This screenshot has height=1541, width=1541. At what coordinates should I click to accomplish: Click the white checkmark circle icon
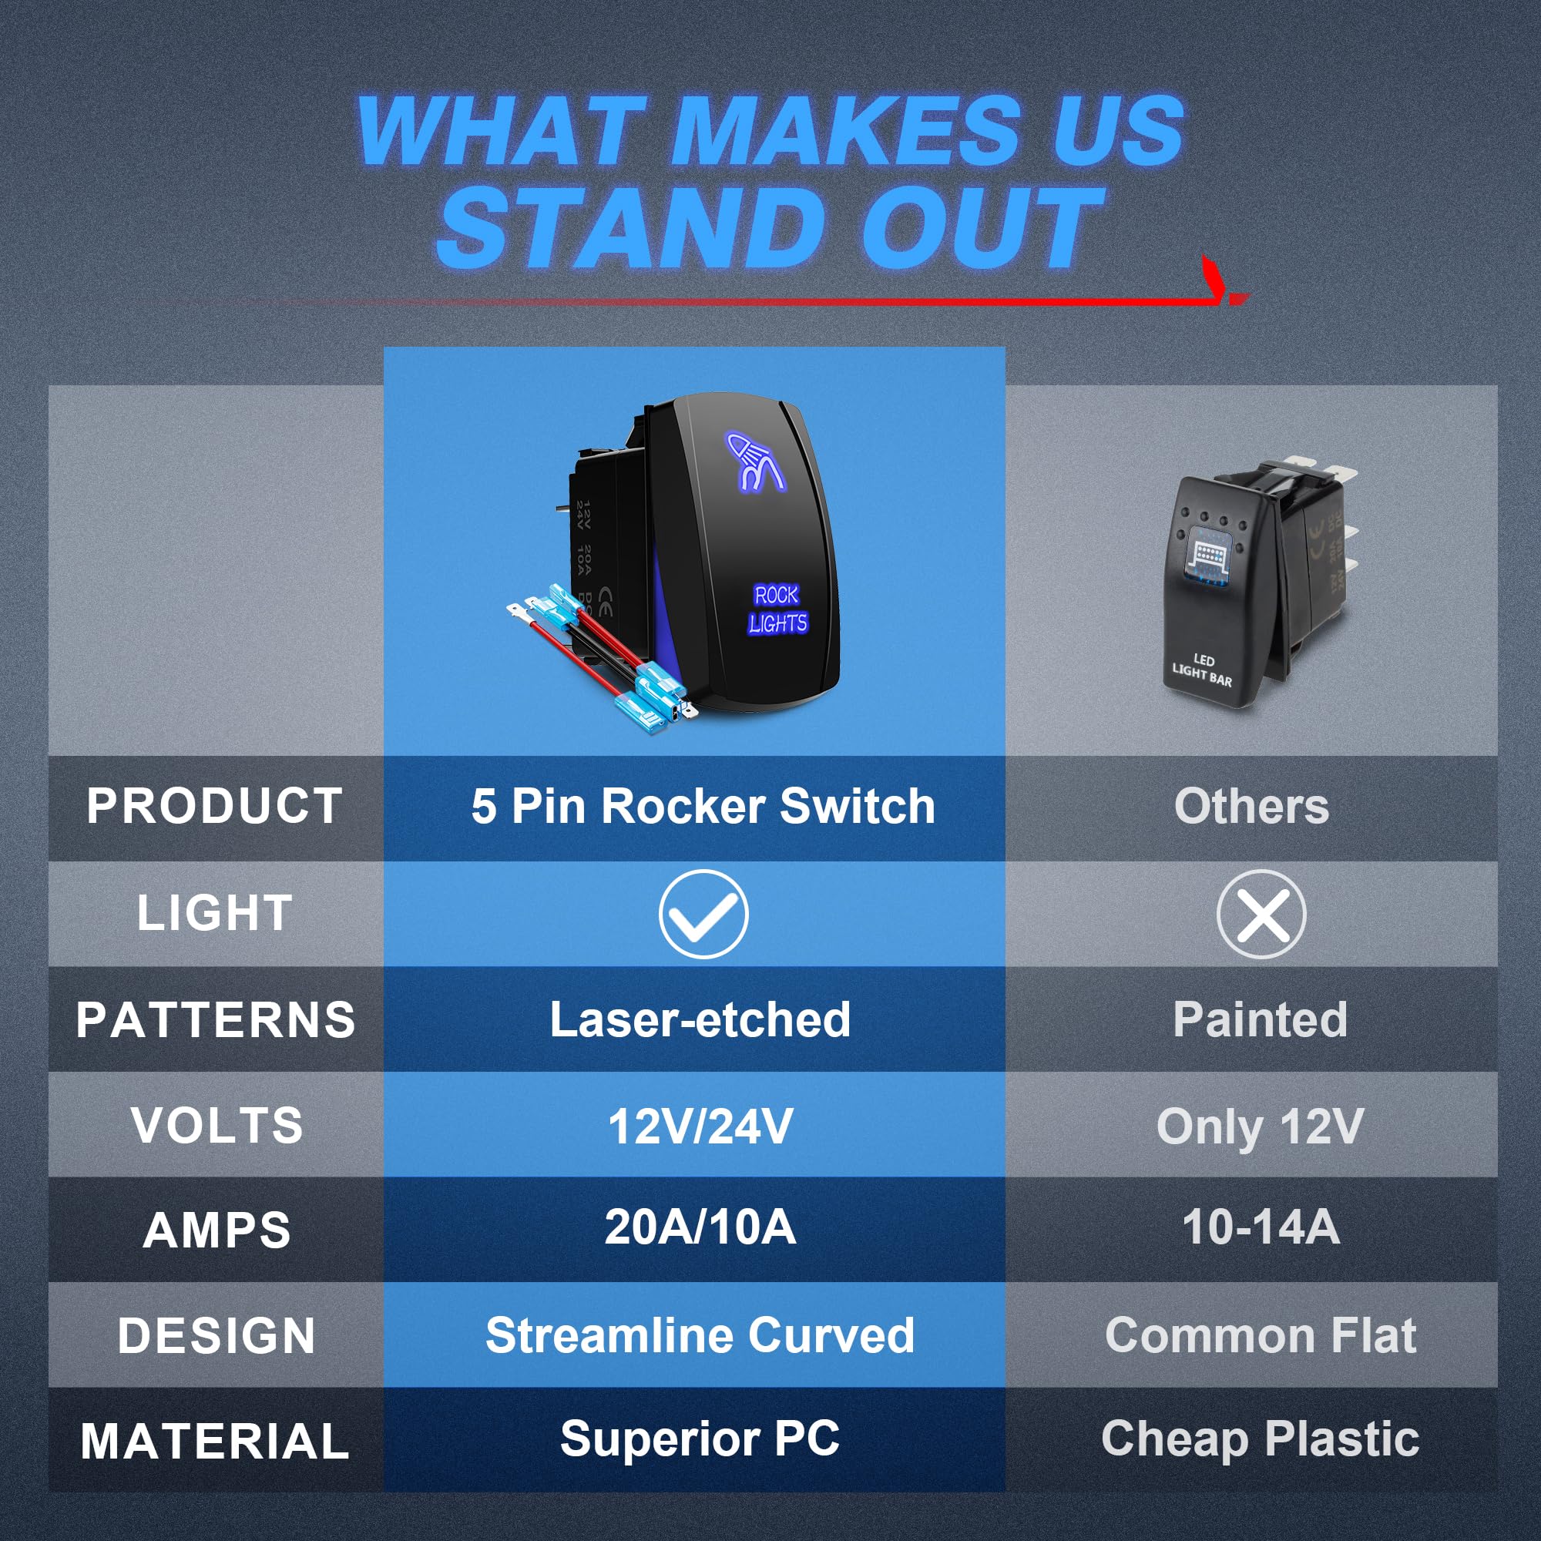(x=703, y=914)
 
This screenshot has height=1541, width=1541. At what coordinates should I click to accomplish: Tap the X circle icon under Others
(x=1261, y=914)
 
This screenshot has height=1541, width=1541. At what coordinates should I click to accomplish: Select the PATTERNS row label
(x=216, y=1019)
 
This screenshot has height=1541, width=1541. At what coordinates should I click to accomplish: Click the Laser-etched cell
(x=700, y=1019)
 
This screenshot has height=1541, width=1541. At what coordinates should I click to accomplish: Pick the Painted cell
(x=1261, y=1019)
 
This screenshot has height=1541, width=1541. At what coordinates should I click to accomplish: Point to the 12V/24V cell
(x=700, y=1126)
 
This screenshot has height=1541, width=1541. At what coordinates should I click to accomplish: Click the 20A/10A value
(x=700, y=1227)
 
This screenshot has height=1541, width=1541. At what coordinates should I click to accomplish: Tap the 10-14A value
(x=1261, y=1227)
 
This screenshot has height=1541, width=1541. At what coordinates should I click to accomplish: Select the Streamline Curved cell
(x=700, y=1335)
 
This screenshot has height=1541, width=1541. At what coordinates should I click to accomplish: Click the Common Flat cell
(x=1261, y=1335)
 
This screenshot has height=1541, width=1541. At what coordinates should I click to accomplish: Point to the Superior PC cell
(x=700, y=1439)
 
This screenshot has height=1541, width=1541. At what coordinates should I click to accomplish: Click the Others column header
(x=1252, y=806)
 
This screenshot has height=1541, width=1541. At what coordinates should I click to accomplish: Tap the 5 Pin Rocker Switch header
(x=703, y=806)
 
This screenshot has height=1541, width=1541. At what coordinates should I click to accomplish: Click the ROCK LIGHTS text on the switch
(x=777, y=609)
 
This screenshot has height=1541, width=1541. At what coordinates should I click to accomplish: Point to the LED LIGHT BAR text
(x=1202, y=670)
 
